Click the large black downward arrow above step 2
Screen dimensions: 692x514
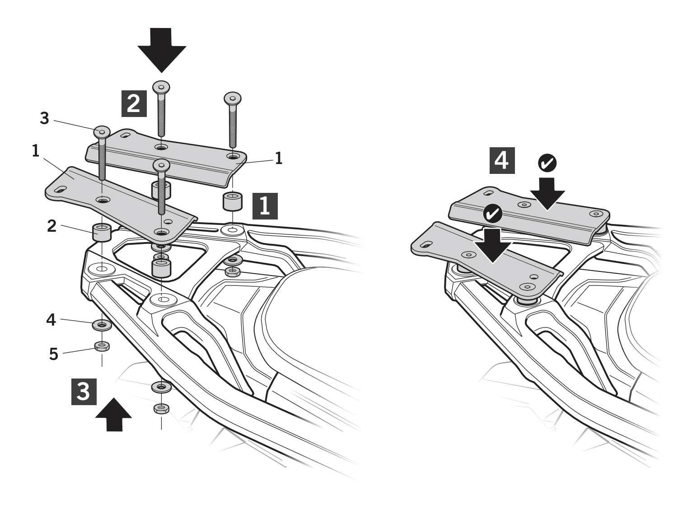pos(162,50)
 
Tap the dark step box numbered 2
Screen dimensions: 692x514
pos(134,103)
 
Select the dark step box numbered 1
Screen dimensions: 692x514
pos(265,206)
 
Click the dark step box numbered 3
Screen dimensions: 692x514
pos(84,392)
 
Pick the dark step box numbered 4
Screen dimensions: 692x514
pos(502,160)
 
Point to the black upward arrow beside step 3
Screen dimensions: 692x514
pos(114,415)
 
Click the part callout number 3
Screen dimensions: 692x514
pos(45,118)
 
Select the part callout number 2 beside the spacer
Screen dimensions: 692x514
pos(52,226)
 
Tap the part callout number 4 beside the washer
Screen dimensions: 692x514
pos(51,320)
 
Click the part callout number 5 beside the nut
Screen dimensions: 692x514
pos(54,354)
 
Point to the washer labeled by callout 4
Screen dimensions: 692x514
pos(102,325)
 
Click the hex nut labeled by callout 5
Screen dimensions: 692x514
pos(102,346)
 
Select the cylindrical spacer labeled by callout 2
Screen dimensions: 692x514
pos(101,232)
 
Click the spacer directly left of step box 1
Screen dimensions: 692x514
pos(233,201)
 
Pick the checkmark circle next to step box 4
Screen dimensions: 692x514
pos(547,163)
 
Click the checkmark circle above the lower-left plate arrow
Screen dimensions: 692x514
pos(492,214)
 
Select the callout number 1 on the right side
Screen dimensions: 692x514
pos(279,158)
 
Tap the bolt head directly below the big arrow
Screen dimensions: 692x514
pos(161,87)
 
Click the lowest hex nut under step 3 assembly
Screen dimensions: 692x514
pos(161,408)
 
